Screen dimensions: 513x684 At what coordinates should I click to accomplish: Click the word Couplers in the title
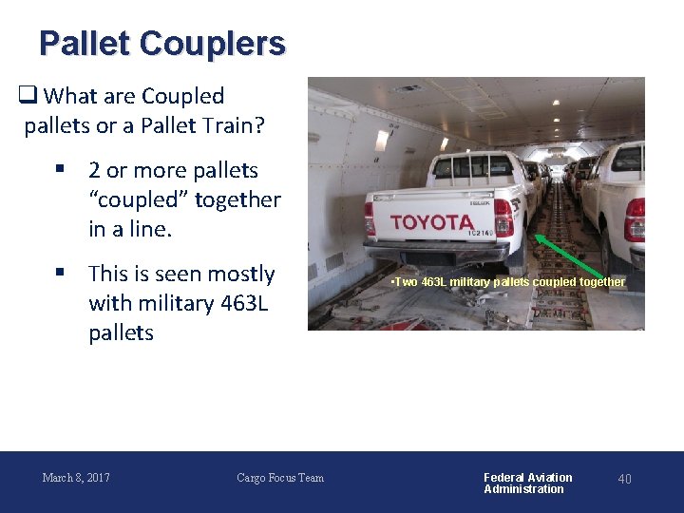pos(211,44)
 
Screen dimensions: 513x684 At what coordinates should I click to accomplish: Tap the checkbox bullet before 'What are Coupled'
pos(28,96)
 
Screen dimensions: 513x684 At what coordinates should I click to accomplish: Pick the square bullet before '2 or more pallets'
pos(59,170)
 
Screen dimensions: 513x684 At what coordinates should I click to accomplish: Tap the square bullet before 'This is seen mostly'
pos(59,274)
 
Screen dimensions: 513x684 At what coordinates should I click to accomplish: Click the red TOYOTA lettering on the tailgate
pos(430,222)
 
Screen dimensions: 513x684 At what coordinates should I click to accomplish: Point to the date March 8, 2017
pos(76,478)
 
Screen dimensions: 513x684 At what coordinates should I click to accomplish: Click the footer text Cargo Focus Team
pos(280,478)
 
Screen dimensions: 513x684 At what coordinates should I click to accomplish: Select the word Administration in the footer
pos(523,489)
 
